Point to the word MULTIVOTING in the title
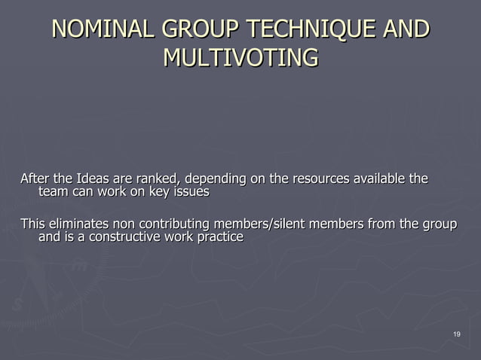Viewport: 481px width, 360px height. point(240,57)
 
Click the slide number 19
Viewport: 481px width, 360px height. point(456,334)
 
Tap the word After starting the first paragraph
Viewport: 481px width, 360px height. point(34,179)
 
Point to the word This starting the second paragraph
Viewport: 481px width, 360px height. point(32,224)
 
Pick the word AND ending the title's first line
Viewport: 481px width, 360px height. point(406,31)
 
